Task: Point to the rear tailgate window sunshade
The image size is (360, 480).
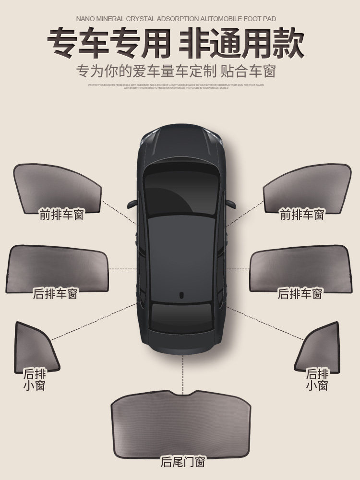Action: tap(182, 422)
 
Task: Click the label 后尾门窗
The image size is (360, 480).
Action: tap(183, 462)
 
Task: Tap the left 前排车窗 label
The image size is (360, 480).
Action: tap(61, 215)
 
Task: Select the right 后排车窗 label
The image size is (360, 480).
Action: tap(300, 293)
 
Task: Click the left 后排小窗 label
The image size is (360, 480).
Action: tap(34, 379)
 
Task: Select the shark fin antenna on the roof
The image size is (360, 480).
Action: tap(182, 295)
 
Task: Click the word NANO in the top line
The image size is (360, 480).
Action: tap(86, 19)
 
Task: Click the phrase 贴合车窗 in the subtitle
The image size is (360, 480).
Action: tap(248, 71)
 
